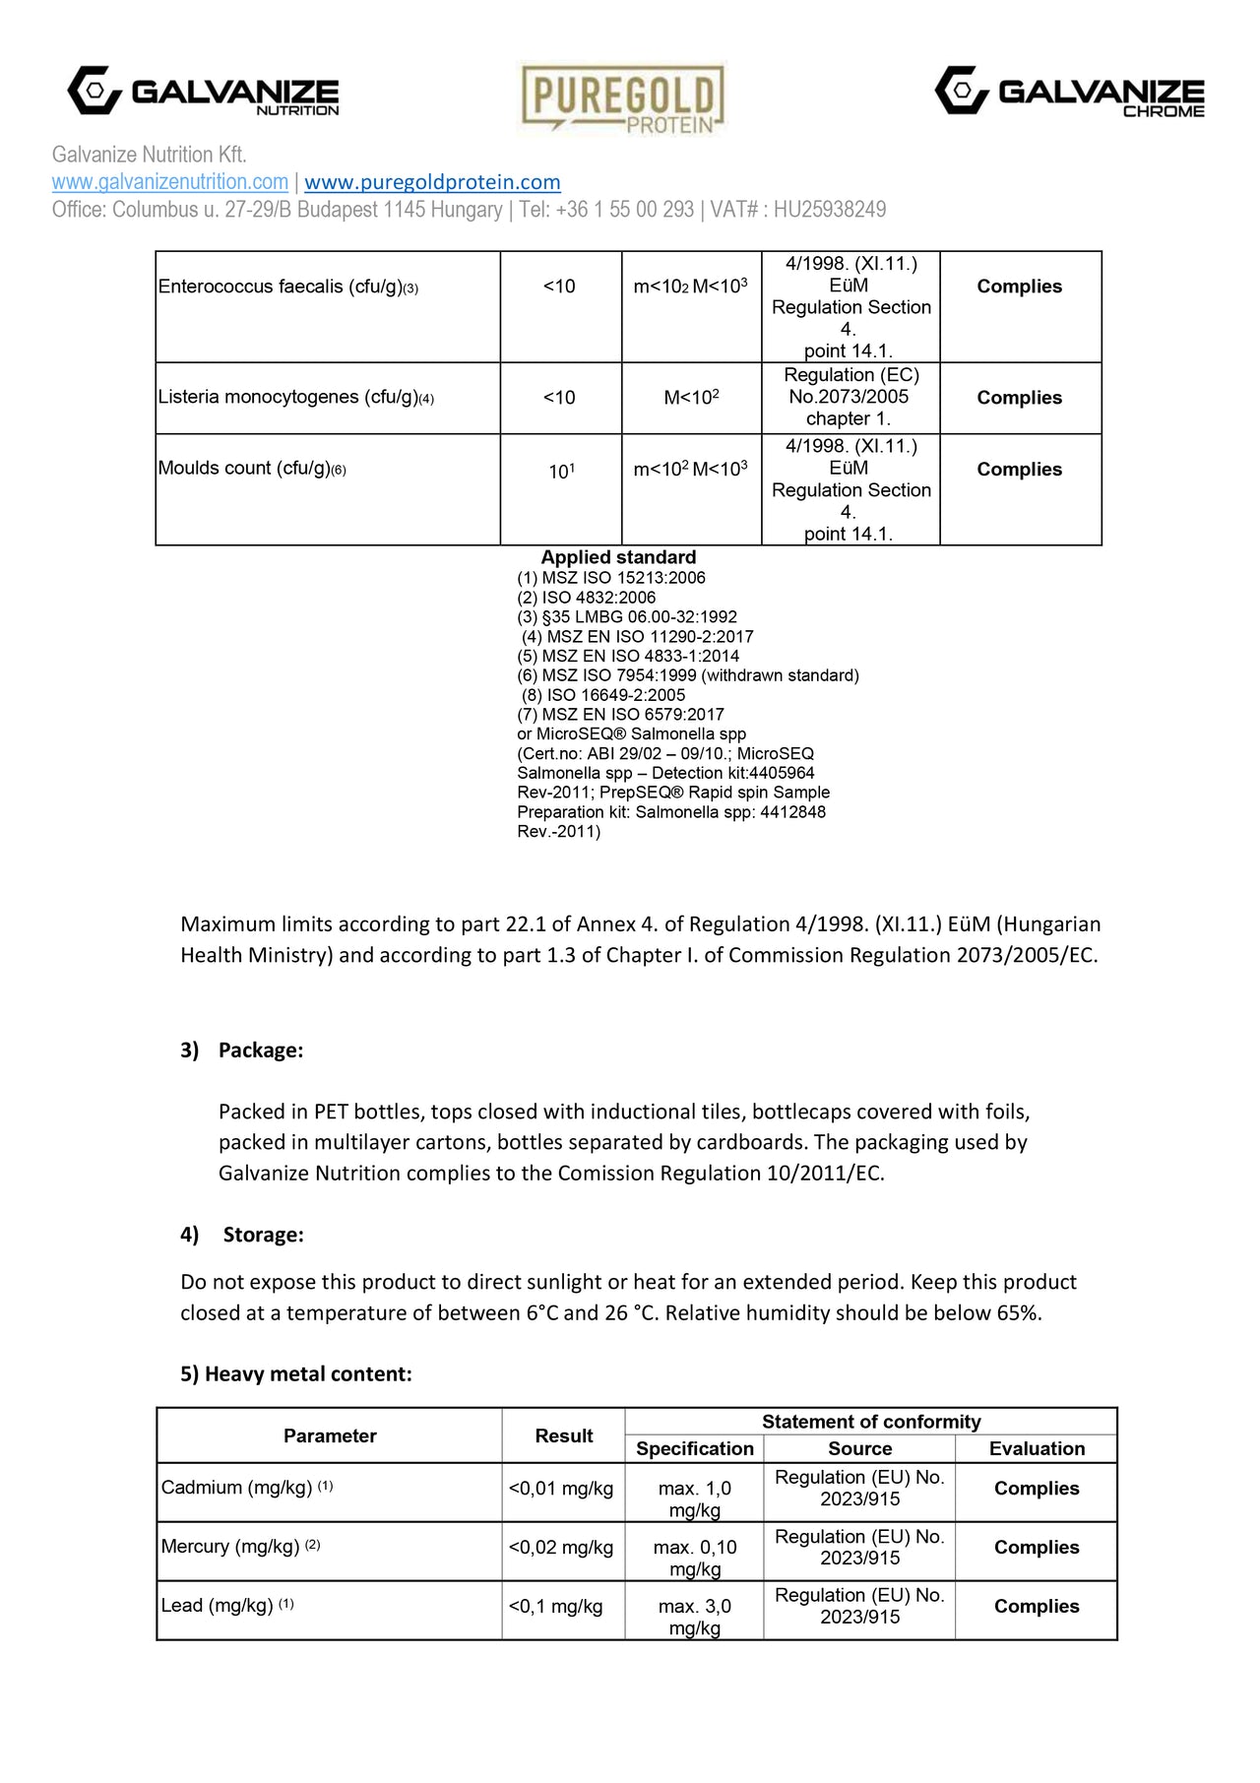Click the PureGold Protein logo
(x=622, y=97)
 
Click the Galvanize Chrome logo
(x=1069, y=93)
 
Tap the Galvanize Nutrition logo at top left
(x=203, y=93)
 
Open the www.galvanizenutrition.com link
(x=169, y=182)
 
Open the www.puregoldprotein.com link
(x=432, y=182)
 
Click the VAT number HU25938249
(x=829, y=210)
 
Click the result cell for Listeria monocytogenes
(x=559, y=398)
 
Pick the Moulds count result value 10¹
(x=561, y=472)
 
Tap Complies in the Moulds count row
(x=1019, y=470)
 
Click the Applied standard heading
(x=618, y=557)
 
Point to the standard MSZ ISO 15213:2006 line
(x=611, y=578)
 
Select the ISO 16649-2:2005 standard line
(x=603, y=695)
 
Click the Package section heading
(x=260, y=1051)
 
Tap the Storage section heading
(x=263, y=1235)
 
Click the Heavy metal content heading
(x=295, y=1374)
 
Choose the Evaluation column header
(x=1037, y=1448)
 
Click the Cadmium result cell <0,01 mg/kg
(x=561, y=1489)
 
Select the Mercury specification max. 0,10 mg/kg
(x=695, y=1558)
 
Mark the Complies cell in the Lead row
(x=1037, y=1606)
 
